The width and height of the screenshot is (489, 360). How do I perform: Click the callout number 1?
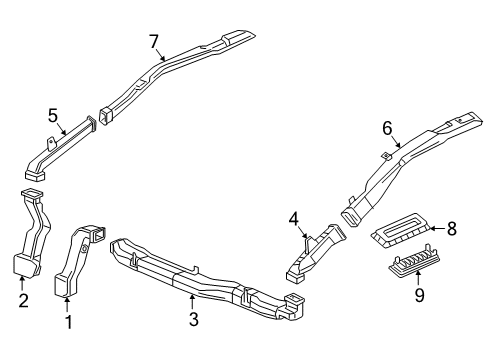point(68,322)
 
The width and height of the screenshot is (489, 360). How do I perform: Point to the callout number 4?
point(294,219)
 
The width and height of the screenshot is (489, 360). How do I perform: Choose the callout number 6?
point(386,128)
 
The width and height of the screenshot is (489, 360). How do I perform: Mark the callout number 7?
point(154,41)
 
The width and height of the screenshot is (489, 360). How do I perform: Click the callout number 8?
point(452,229)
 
